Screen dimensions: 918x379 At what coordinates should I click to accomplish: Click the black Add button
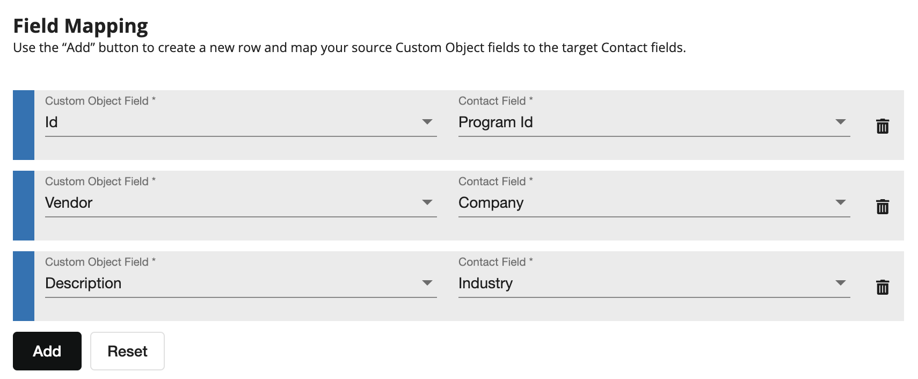47,351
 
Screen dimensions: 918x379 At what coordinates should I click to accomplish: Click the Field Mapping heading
81,26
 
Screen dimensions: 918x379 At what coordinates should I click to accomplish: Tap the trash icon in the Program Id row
883,126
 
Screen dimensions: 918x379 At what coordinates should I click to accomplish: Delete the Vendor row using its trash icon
883,207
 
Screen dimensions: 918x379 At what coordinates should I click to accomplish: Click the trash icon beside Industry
883,287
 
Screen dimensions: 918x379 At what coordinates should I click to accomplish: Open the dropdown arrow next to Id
427,122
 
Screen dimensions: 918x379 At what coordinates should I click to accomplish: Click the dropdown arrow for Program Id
841,122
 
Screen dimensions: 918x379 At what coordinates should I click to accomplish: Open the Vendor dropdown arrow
427,202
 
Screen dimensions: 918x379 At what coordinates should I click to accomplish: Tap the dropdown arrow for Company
841,202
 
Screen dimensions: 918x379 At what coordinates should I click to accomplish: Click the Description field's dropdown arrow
427,283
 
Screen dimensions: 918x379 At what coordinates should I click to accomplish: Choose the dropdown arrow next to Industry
841,283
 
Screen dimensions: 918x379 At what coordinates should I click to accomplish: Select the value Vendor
69,203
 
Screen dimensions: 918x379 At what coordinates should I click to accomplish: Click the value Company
491,203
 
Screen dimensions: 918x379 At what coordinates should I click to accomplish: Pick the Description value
83,283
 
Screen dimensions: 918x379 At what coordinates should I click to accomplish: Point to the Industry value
486,283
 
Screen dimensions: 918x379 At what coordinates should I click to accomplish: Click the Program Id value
496,122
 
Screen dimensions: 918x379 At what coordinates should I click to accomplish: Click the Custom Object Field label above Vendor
100,181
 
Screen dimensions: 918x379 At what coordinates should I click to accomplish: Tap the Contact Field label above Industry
496,262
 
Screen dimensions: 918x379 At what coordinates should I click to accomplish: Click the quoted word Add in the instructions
78,48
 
